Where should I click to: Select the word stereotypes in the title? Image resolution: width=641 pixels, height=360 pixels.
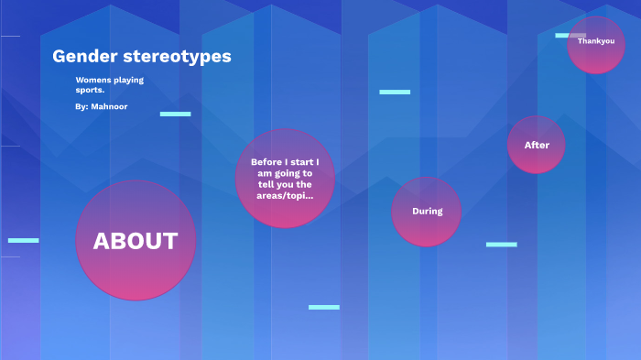178,57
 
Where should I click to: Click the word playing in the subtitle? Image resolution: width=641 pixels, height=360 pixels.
129,80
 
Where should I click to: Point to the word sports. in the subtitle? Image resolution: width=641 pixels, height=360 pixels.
90,90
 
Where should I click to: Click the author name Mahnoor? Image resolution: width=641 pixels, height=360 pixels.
109,107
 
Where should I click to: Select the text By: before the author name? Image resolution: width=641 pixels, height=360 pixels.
81,107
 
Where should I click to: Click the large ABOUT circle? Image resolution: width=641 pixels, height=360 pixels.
136,241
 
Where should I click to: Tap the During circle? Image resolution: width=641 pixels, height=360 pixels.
427,212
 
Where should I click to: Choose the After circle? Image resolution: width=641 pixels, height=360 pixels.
537,145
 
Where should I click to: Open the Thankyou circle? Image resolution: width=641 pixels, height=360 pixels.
595,43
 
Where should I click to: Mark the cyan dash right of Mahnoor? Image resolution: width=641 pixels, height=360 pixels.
175,114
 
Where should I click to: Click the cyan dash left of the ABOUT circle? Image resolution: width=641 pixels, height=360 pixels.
24,240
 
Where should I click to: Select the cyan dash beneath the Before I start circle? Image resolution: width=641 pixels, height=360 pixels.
323,307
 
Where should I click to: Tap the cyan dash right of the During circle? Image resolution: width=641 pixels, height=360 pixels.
501,245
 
